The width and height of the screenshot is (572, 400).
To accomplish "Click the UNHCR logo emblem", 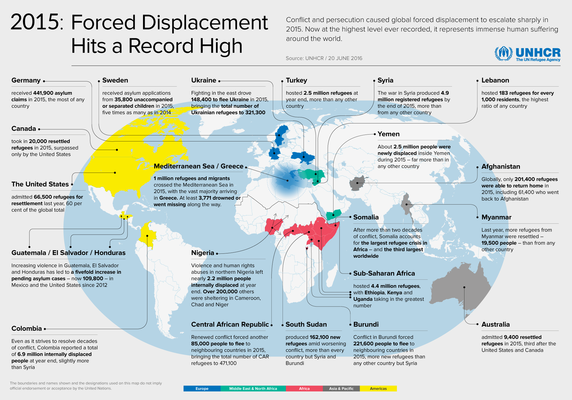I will click(504, 53).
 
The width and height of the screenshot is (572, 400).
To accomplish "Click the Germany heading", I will click(26, 80).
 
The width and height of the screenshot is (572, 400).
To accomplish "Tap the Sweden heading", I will click(115, 80).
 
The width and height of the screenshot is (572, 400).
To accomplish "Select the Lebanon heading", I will click(495, 80).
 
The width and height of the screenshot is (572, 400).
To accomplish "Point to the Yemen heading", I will click(388, 134).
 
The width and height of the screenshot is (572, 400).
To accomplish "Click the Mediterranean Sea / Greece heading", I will click(198, 166).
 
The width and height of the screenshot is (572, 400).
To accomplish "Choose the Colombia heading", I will click(27, 329).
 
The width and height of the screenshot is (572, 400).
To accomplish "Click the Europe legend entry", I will click(202, 389).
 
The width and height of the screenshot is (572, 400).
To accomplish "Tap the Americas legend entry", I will click(378, 389).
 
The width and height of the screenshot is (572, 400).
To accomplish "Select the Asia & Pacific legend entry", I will click(341, 389).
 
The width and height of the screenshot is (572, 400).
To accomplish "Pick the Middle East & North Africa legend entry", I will click(253, 389).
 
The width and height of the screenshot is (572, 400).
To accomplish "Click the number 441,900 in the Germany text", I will click(43, 93).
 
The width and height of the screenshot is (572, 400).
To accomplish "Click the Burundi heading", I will click(366, 325).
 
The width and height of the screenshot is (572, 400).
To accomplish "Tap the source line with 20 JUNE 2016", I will click(324, 58).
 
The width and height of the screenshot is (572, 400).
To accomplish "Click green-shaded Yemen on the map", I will click(334, 214).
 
